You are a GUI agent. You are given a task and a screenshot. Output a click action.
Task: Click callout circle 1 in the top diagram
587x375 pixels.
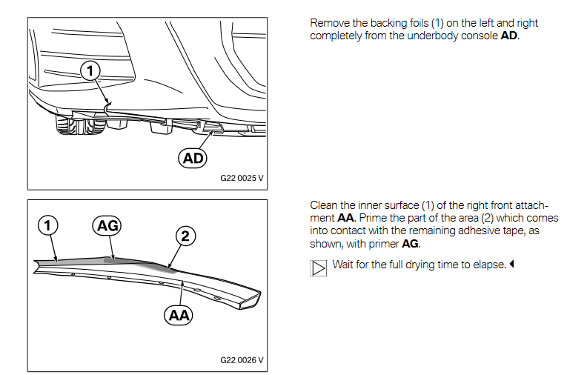coord(90,70)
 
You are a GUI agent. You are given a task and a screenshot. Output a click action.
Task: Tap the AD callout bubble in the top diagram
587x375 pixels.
coord(193,158)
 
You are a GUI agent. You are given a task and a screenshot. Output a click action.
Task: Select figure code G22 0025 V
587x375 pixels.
coord(242,178)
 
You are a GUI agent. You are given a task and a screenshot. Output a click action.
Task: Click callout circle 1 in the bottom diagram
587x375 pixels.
coord(47,226)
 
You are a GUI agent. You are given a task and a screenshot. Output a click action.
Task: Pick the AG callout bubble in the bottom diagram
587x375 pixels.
coord(107,226)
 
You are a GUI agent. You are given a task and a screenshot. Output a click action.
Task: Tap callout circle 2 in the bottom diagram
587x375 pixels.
coord(185,236)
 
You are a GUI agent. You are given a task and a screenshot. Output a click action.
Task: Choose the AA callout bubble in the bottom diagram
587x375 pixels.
coord(179,315)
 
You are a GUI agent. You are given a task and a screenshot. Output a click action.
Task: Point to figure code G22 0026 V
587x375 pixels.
coord(242,360)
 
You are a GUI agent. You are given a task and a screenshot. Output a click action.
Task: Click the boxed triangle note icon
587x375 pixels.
coord(318,268)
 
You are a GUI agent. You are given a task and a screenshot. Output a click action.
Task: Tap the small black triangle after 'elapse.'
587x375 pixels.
coord(511,265)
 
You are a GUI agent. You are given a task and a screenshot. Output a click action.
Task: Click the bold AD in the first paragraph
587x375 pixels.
coord(509,36)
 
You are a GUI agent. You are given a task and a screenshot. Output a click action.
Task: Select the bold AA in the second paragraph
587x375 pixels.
coord(345,218)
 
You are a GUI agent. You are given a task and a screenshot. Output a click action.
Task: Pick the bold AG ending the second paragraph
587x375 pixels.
coord(410,244)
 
